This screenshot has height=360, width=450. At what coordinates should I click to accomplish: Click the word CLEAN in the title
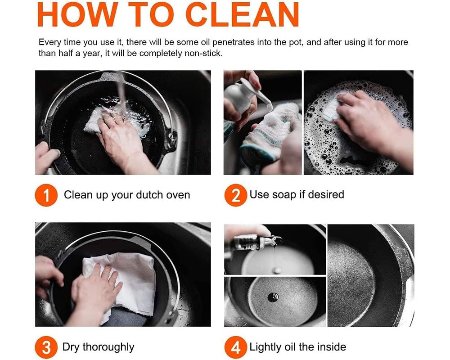click(243, 14)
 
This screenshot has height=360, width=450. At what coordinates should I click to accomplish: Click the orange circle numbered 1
click(46, 195)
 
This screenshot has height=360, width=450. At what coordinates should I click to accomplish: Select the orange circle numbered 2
click(236, 195)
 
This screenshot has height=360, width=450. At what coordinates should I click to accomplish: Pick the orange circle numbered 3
click(46, 347)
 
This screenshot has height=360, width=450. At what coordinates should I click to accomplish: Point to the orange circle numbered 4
click(236, 347)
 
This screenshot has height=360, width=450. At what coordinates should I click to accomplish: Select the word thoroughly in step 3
click(108, 347)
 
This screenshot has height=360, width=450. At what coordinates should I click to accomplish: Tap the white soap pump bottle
click(244, 96)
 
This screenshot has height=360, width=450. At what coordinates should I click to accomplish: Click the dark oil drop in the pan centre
click(273, 297)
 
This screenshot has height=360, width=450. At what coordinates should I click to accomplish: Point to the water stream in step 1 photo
click(122, 95)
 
